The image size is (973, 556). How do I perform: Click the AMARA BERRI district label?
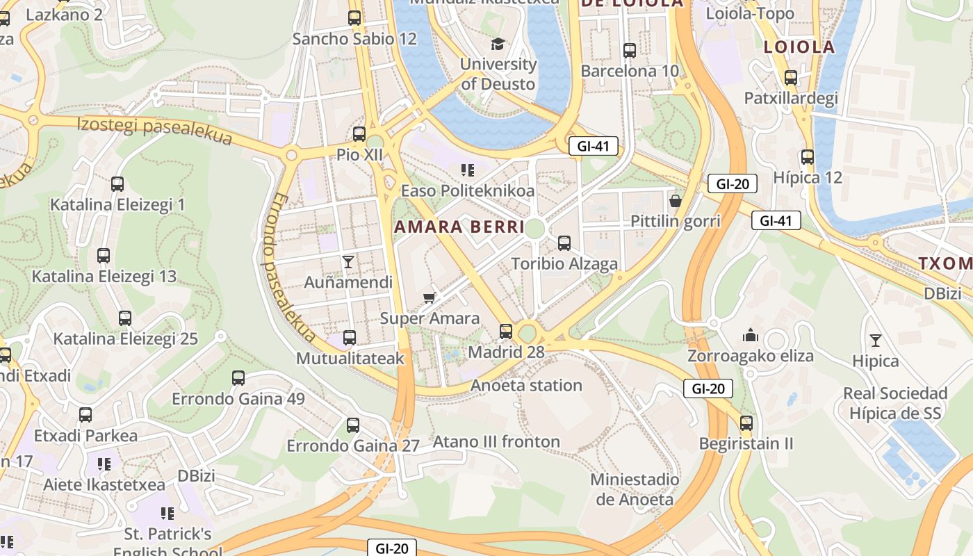pos(459,227)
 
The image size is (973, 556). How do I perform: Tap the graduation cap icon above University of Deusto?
pos(498,44)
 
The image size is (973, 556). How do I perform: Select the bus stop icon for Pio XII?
pos(359,134)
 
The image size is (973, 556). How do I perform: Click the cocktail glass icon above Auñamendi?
pos(348,262)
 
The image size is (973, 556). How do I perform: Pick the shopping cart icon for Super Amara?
pos(430,298)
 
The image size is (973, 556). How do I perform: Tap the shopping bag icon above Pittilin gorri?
pos(675,202)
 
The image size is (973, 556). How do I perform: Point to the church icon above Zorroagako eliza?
pos(751,336)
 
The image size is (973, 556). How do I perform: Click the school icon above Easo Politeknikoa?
pos(468,170)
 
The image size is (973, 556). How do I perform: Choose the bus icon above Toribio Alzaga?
pos(564,243)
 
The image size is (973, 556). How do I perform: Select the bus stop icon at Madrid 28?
pos(506,332)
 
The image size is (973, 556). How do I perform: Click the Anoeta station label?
pos(526,385)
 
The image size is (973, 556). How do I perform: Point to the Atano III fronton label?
pos(496,441)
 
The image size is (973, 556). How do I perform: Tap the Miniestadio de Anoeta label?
pos(635,489)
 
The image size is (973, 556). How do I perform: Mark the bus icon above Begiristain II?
pos(746,423)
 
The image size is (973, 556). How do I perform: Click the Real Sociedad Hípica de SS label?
pos(895,403)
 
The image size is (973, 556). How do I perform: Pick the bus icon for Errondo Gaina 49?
pos(238,378)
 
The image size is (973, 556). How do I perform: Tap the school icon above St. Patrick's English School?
pos(167,514)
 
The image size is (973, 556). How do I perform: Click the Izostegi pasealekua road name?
pos(154,131)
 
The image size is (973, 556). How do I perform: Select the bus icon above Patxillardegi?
pos(790,78)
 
